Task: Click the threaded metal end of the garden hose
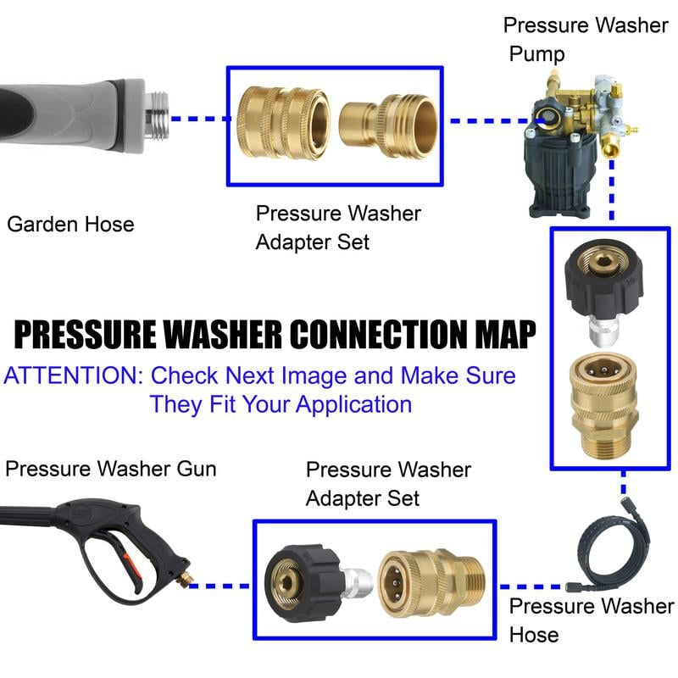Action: point(158,117)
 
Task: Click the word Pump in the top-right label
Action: point(536,54)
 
